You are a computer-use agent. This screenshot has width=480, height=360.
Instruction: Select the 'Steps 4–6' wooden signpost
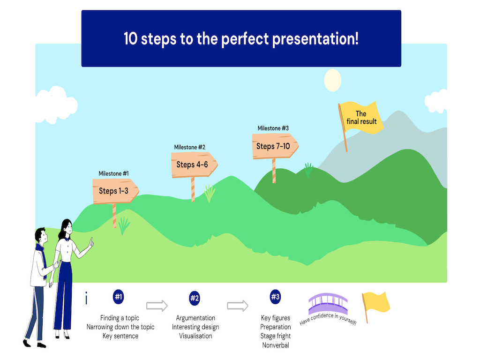194,165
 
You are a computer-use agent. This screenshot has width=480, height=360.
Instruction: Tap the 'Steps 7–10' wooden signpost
275,146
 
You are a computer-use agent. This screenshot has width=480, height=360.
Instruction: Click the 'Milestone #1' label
113,173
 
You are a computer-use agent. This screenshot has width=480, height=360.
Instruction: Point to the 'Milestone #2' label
189,147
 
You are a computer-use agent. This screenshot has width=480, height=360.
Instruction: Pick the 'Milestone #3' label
273,128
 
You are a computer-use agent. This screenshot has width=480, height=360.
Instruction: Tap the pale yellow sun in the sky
333,80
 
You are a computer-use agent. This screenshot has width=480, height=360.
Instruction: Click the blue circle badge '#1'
119,297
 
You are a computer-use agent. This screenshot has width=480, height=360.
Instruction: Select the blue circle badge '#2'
195,298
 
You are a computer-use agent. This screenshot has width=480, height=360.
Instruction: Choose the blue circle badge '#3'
276,297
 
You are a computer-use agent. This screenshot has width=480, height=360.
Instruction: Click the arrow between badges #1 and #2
157,305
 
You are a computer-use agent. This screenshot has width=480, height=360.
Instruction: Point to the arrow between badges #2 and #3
238,305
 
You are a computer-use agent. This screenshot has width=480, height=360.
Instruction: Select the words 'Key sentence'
120,336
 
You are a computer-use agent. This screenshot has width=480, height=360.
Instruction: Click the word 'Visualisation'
195,336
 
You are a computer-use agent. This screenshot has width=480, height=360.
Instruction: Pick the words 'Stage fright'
276,336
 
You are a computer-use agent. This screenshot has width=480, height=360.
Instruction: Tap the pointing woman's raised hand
91,243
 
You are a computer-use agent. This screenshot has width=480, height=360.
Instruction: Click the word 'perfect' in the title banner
245,39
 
